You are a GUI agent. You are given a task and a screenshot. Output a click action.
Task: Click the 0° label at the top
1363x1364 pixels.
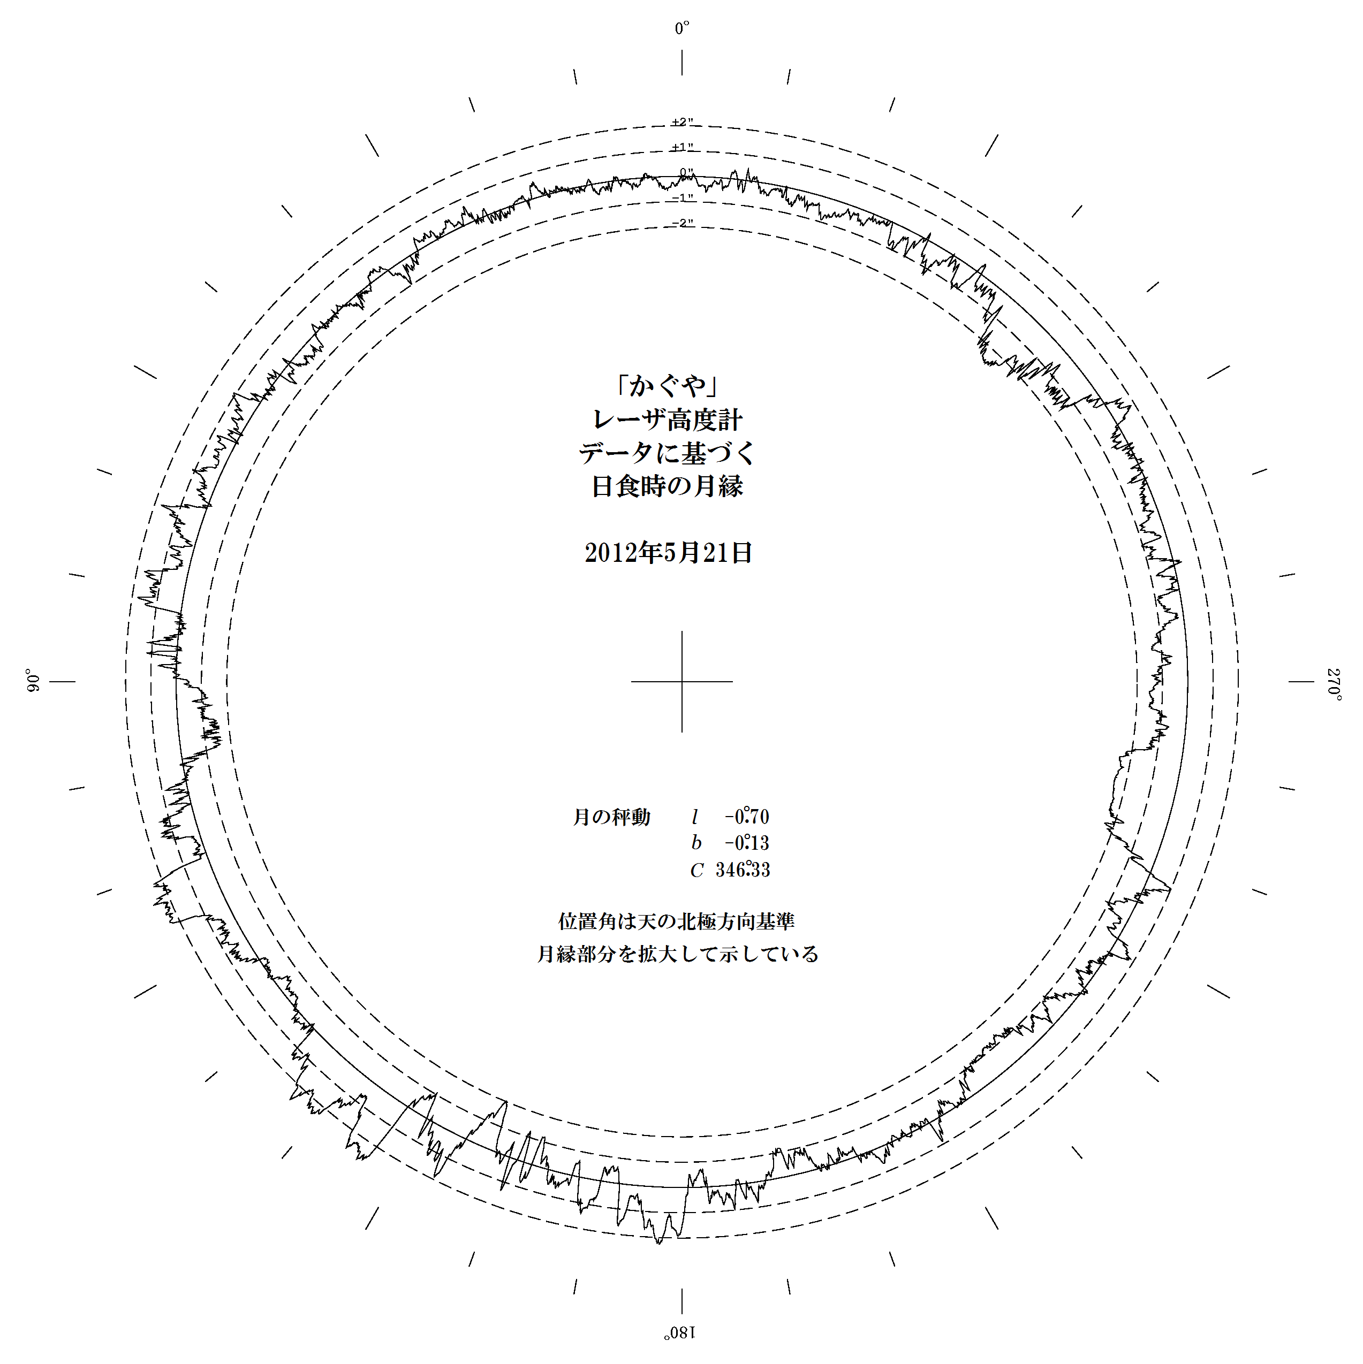(x=681, y=28)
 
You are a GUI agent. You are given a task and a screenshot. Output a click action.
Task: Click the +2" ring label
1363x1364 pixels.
(x=682, y=122)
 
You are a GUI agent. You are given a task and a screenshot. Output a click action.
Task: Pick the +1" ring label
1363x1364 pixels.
(x=682, y=148)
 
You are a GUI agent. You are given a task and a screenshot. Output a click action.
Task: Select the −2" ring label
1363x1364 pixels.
(x=682, y=223)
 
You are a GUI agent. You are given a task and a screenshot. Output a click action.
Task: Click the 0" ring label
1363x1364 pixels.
(x=686, y=172)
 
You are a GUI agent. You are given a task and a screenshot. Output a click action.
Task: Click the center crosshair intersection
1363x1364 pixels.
(x=681, y=681)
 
